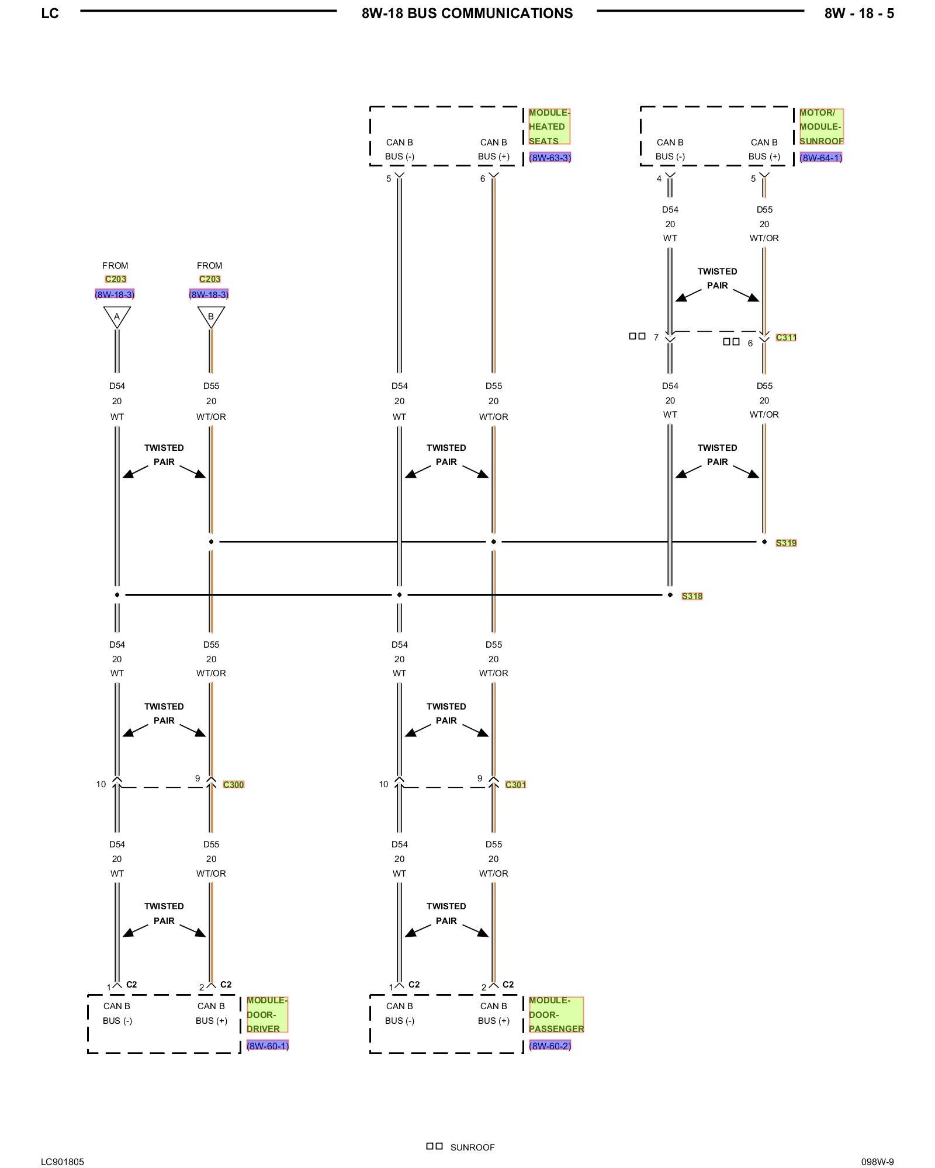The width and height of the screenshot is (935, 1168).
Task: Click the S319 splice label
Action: pos(786,543)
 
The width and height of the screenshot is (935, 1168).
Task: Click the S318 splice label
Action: pos(692,596)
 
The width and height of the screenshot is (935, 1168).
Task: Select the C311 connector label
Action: pos(786,338)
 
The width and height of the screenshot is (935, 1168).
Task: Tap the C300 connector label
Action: pos(233,785)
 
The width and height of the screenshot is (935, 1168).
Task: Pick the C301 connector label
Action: pos(515,785)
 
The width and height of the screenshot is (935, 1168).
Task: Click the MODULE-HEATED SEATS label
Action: pos(549,127)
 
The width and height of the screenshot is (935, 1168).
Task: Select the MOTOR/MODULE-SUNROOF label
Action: pos(821,127)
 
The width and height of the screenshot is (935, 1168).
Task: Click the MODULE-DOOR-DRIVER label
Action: pos(267,1014)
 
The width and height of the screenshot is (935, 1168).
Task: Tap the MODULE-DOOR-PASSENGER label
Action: pos(556,1014)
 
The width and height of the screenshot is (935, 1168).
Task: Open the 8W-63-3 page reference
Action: pos(550,158)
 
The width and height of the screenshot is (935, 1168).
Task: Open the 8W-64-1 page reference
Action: pos(820,158)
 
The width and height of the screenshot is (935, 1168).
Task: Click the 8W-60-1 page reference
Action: pos(268,1046)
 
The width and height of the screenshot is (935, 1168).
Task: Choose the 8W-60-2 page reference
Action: pos(550,1046)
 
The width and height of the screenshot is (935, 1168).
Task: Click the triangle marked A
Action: pos(117,317)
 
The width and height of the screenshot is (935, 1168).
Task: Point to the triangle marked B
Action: pos(211,317)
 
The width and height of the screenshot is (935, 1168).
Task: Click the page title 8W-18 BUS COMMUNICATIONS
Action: pos(467,13)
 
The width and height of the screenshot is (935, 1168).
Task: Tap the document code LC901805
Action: pos(63,1162)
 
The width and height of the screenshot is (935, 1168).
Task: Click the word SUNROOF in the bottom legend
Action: pos(472,1148)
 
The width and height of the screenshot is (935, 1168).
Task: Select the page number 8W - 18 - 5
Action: pos(858,13)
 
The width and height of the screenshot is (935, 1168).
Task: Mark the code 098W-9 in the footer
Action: pos(877,1162)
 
